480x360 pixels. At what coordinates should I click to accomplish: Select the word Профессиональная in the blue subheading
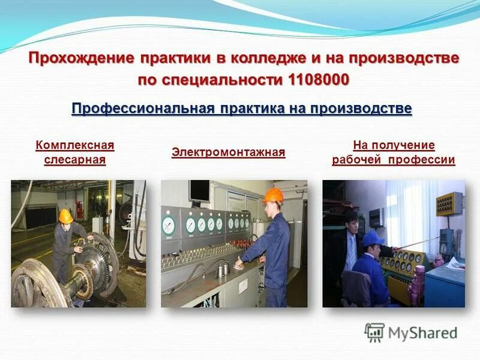(143, 109)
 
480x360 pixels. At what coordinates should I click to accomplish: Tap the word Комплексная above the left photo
(74, 145)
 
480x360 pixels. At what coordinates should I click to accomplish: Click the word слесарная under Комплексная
(74, 160)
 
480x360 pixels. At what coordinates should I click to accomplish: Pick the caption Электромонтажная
(228, 152)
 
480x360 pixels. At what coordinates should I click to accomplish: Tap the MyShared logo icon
(374, 332)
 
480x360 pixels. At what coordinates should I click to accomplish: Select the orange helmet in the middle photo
(273, 196)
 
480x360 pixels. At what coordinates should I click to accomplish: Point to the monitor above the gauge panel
(200, 192)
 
